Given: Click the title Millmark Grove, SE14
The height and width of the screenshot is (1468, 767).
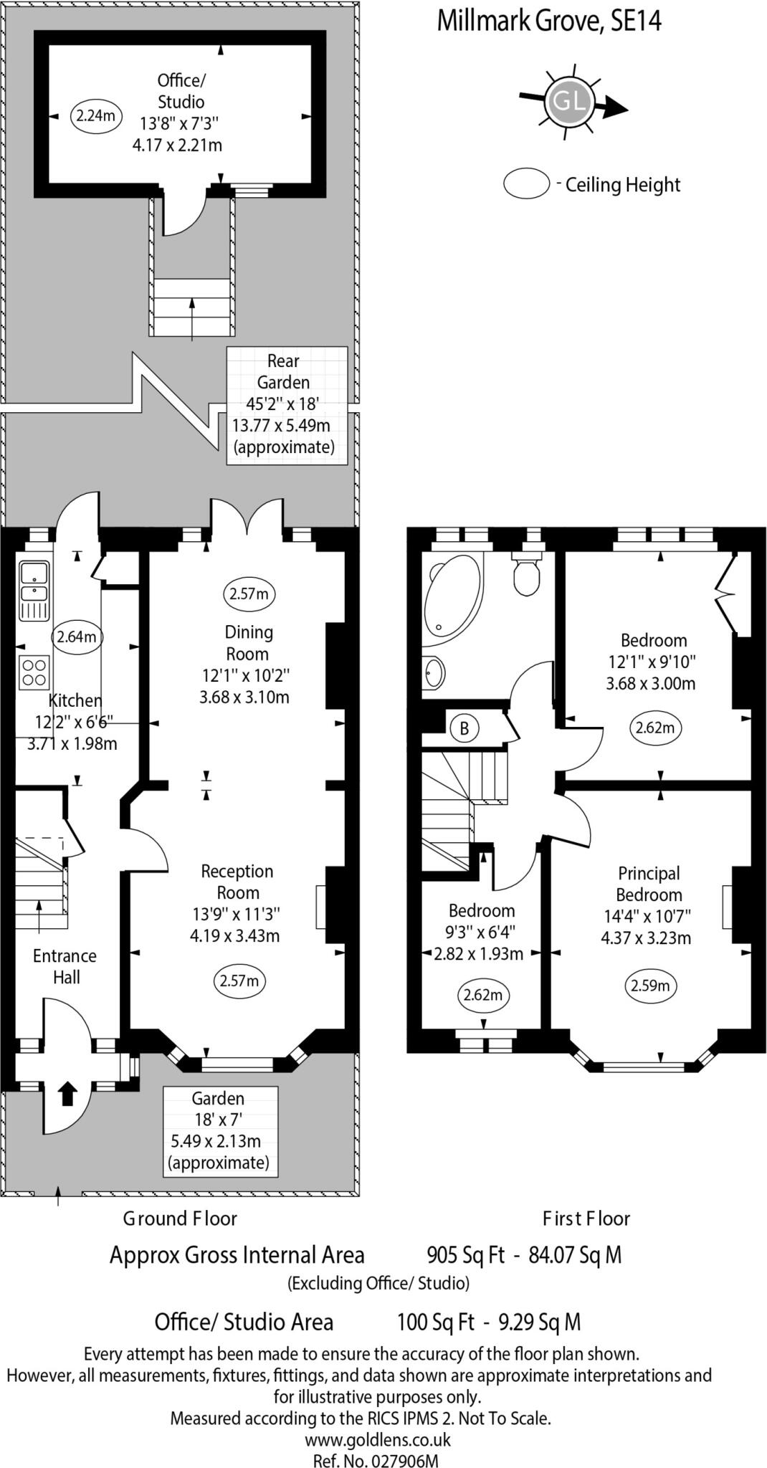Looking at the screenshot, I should pos(548,21).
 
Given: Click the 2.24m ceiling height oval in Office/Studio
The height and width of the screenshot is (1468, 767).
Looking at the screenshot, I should pos(95,115).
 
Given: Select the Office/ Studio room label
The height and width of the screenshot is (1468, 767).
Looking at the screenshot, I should pos(181,91).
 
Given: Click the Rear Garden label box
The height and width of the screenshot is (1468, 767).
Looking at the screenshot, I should pos(287,405).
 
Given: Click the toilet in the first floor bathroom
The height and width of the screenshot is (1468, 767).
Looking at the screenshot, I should pos(527,574).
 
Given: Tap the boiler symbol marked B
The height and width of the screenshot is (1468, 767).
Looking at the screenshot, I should pos(464,728).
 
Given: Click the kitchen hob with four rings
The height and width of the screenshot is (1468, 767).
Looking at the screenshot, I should pos(34,672).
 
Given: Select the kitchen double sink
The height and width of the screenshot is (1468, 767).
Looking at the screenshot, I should pos(34,582).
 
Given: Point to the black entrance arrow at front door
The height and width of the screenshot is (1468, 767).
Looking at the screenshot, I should pos(67,1093).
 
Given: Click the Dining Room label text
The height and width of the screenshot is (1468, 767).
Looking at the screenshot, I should pos(248,643).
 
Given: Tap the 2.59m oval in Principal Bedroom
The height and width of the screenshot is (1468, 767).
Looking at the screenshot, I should pos(650,986).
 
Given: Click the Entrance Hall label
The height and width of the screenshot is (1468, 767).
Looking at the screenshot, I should pos(65,966).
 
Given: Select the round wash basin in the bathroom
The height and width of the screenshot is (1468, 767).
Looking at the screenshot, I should pos(433,673).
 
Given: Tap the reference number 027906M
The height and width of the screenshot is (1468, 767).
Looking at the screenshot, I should pos(404,1457).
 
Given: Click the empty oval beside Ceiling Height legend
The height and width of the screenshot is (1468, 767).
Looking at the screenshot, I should pos(526,183).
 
